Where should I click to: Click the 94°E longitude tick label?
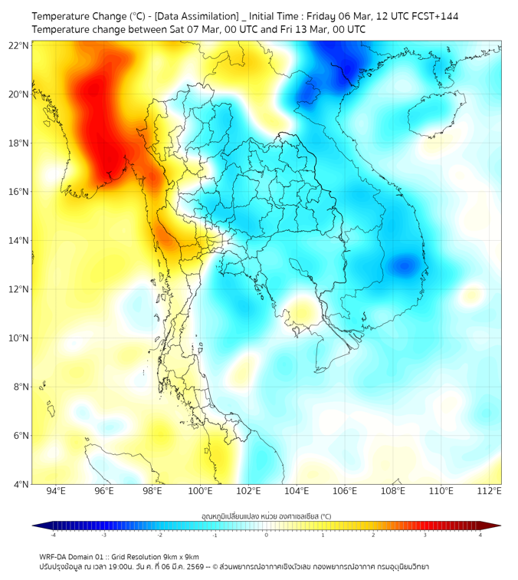point(56,492)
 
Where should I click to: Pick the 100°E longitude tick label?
point(200,492)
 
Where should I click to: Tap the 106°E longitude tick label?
point(345,492)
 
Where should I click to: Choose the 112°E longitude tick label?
point(489,492)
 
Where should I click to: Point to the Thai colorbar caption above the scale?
point(266,516)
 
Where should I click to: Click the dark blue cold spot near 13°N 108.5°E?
point(404,266)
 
